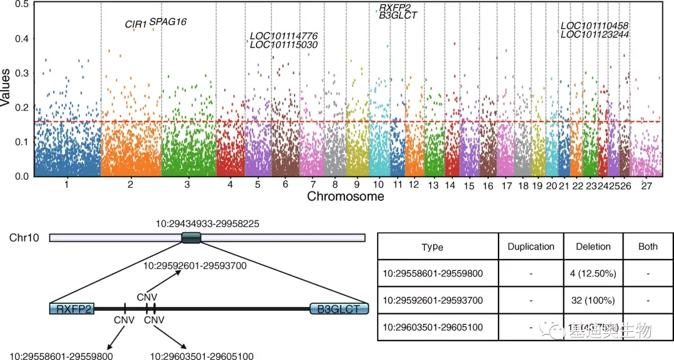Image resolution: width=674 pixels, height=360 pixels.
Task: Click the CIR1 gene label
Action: (x=135, y=24)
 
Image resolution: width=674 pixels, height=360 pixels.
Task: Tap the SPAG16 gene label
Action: (x=168, y=22)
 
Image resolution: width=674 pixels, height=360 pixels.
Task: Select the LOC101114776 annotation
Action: (x=284, y=36)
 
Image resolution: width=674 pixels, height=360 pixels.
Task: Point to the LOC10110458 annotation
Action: (x=594, y=26)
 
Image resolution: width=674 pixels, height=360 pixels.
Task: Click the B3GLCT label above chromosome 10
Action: (x=398, y=16)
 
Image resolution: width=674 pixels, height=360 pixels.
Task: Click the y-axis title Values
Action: (x=6, y=88)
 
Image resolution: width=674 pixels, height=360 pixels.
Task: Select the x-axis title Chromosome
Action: (x=345, y=197)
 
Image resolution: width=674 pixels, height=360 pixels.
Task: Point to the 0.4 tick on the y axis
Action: (x=22, y=39)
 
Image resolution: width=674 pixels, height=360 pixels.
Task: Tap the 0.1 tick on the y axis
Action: (x=22, y=142)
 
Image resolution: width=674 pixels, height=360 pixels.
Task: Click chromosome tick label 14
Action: (x=450, y=186)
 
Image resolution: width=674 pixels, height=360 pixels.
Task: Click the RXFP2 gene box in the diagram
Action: (x=72, y=308)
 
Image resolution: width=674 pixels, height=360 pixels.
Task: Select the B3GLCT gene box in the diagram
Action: (x=339, y=308)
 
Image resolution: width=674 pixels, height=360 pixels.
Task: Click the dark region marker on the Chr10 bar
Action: (x=191, y=237)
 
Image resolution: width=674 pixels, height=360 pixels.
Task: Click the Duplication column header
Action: (x=531, y=246)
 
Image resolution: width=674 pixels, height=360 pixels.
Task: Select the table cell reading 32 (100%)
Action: (x=593, y=300)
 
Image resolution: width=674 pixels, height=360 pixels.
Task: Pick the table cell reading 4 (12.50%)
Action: (x=593, y=273)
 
